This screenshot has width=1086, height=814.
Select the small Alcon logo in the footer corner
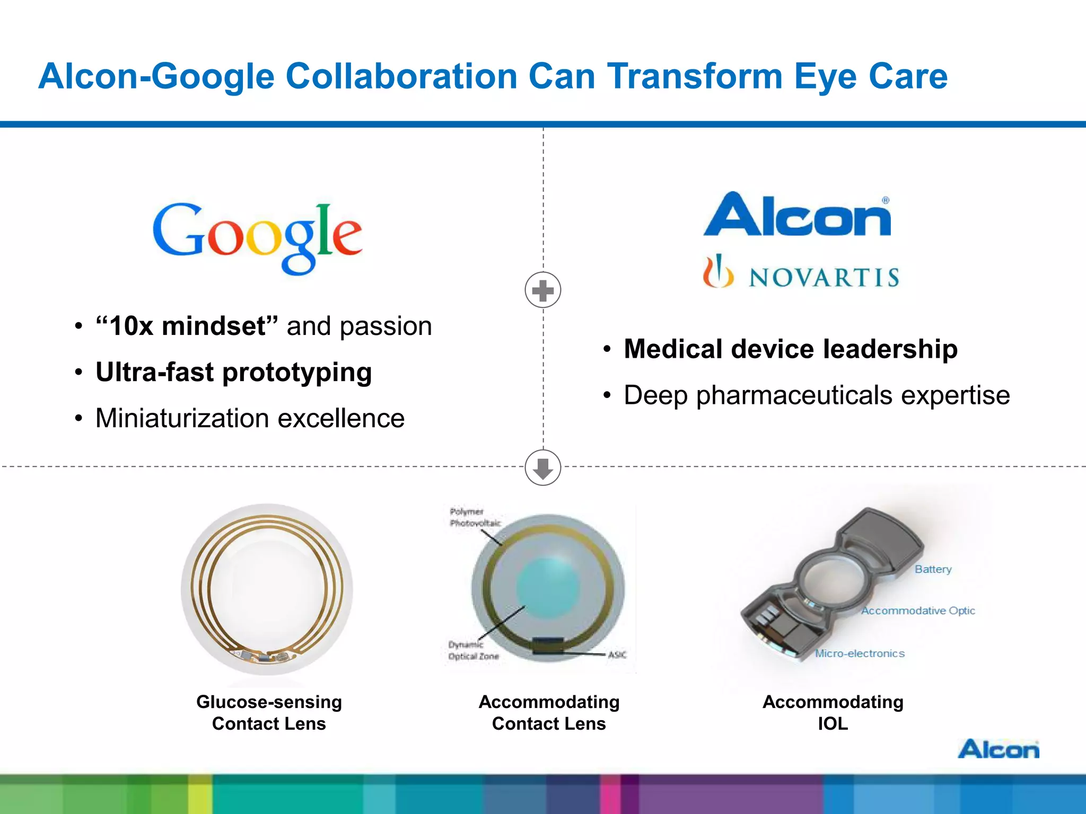coord(998,749)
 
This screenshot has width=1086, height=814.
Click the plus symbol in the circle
coord(542,290)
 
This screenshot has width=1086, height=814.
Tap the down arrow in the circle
coord(542,468)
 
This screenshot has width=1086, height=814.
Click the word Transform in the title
coord(695,76)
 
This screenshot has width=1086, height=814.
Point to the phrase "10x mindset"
coord(187,326)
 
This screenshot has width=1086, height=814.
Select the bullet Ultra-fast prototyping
coord(233,372)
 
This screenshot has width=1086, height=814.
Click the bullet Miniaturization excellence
coord(250,418)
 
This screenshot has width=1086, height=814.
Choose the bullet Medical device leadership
coord(790,349)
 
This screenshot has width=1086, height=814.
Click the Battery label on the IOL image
coord(933,569)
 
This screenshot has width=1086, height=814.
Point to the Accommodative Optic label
coord(918,610)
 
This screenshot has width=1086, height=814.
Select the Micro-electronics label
coord(860,653)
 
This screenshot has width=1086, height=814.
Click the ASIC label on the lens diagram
coord(617,655)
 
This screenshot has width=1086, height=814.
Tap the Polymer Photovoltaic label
coord(475,517)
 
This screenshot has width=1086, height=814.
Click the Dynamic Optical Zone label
coord(473,650)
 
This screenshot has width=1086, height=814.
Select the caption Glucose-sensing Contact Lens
coord(269,712)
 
